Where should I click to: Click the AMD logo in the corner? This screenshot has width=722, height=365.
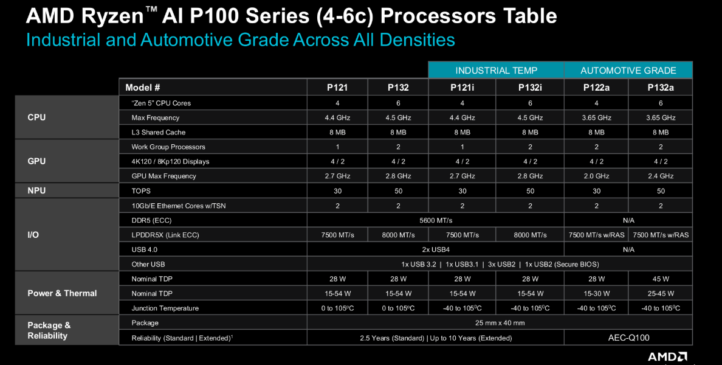(667, 356)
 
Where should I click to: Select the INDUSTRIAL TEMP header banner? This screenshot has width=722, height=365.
(496, 71)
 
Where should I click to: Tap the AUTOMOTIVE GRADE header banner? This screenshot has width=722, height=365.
(628, 71)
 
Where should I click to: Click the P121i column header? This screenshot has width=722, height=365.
(462, 88)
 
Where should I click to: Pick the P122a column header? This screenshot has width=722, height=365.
(596, 88)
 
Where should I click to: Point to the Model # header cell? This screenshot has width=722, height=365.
(143, 88)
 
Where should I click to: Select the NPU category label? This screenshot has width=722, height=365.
(36, 190)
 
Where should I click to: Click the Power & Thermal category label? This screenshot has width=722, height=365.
(62, 293)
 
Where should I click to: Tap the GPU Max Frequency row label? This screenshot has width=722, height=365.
(163, 176)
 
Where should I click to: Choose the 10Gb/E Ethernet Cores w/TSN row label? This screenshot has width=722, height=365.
(178, 206)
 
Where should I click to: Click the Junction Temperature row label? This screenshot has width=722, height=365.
(165, 308)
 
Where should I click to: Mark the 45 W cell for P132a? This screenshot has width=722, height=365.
(660, 279)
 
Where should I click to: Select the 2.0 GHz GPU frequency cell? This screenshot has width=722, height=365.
(596, 176)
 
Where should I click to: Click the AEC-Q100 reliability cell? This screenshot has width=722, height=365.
(628, 338)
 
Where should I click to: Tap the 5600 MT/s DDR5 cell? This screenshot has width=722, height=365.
(435, 220)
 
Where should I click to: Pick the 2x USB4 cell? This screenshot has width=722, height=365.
(435, 249)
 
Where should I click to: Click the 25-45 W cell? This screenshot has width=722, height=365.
(660, 293)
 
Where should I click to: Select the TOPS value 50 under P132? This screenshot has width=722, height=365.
(398, 190)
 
